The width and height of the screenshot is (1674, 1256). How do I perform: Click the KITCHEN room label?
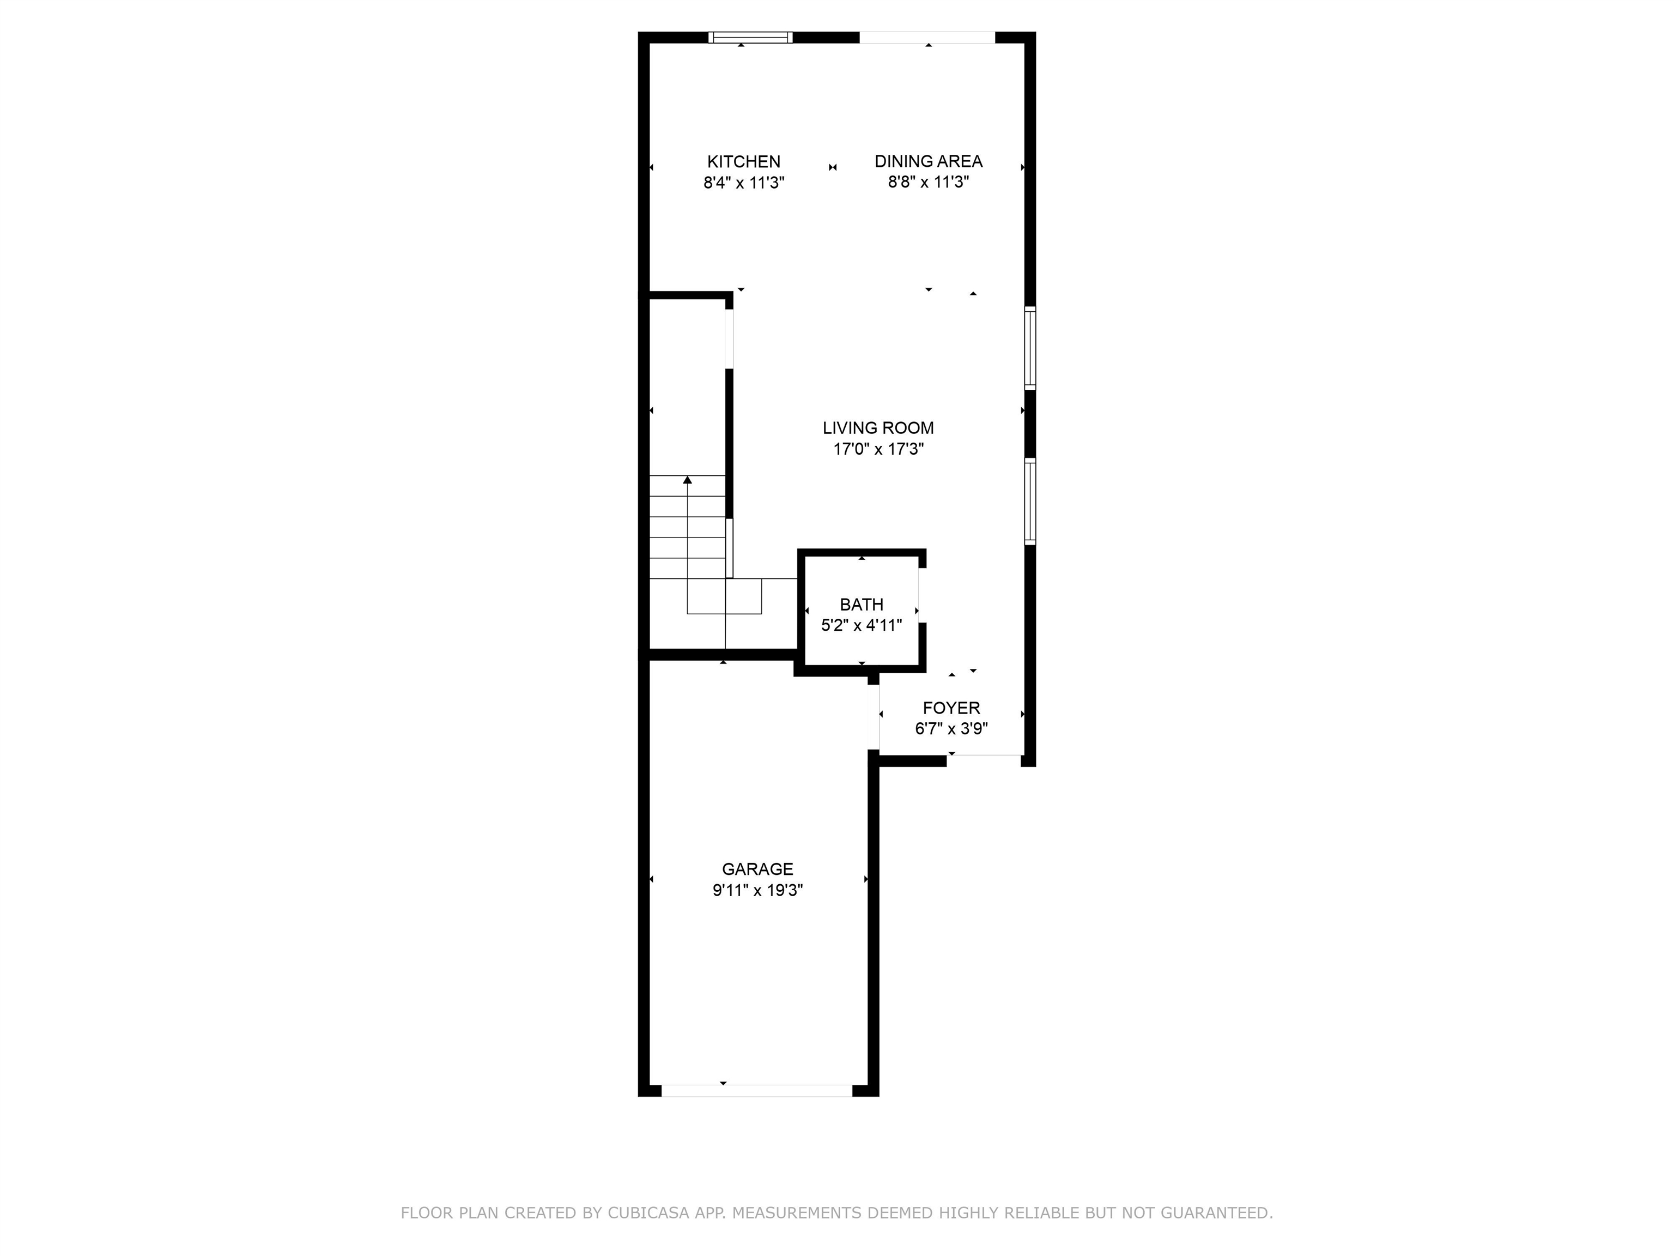[743, 161]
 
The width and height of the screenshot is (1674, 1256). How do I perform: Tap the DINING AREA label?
[928, 161]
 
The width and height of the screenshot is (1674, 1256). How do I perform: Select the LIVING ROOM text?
[878, 428]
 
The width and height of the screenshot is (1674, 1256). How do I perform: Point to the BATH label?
[861, 604]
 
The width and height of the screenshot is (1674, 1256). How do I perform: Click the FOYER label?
[951, 708]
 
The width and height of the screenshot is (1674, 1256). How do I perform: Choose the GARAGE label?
[757, 869]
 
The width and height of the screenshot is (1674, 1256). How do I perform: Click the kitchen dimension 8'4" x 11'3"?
[743, 183]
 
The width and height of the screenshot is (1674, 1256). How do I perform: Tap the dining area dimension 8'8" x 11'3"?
[928, 183]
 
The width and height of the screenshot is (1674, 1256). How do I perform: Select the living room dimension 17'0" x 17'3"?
[878, 449]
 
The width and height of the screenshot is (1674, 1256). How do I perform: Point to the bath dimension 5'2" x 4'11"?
[861, 625]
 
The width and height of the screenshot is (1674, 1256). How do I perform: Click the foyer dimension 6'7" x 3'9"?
[951, 729]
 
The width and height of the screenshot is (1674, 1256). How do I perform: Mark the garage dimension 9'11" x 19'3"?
[757, 890]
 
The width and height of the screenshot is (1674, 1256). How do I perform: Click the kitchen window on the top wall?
[750, 37]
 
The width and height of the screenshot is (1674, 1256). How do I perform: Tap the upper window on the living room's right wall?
[1030, 348]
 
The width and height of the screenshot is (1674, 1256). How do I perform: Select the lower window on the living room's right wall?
[1030, 501]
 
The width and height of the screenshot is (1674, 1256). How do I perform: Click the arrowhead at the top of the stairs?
[687, 480]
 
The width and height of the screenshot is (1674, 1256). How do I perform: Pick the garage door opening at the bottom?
[757, 1091]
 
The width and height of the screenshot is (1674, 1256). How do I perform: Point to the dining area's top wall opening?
[927, 37]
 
